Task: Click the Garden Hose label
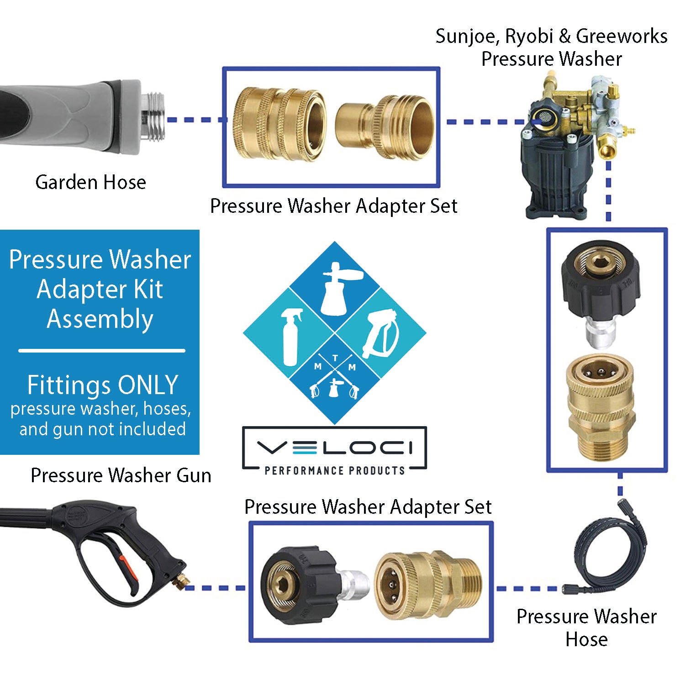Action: click(x=90, y=182)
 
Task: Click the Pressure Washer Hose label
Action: click(x=586, y=627)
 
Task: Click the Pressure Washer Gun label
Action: click(x=121, y=475)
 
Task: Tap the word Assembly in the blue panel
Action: click(x=100, y=319)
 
